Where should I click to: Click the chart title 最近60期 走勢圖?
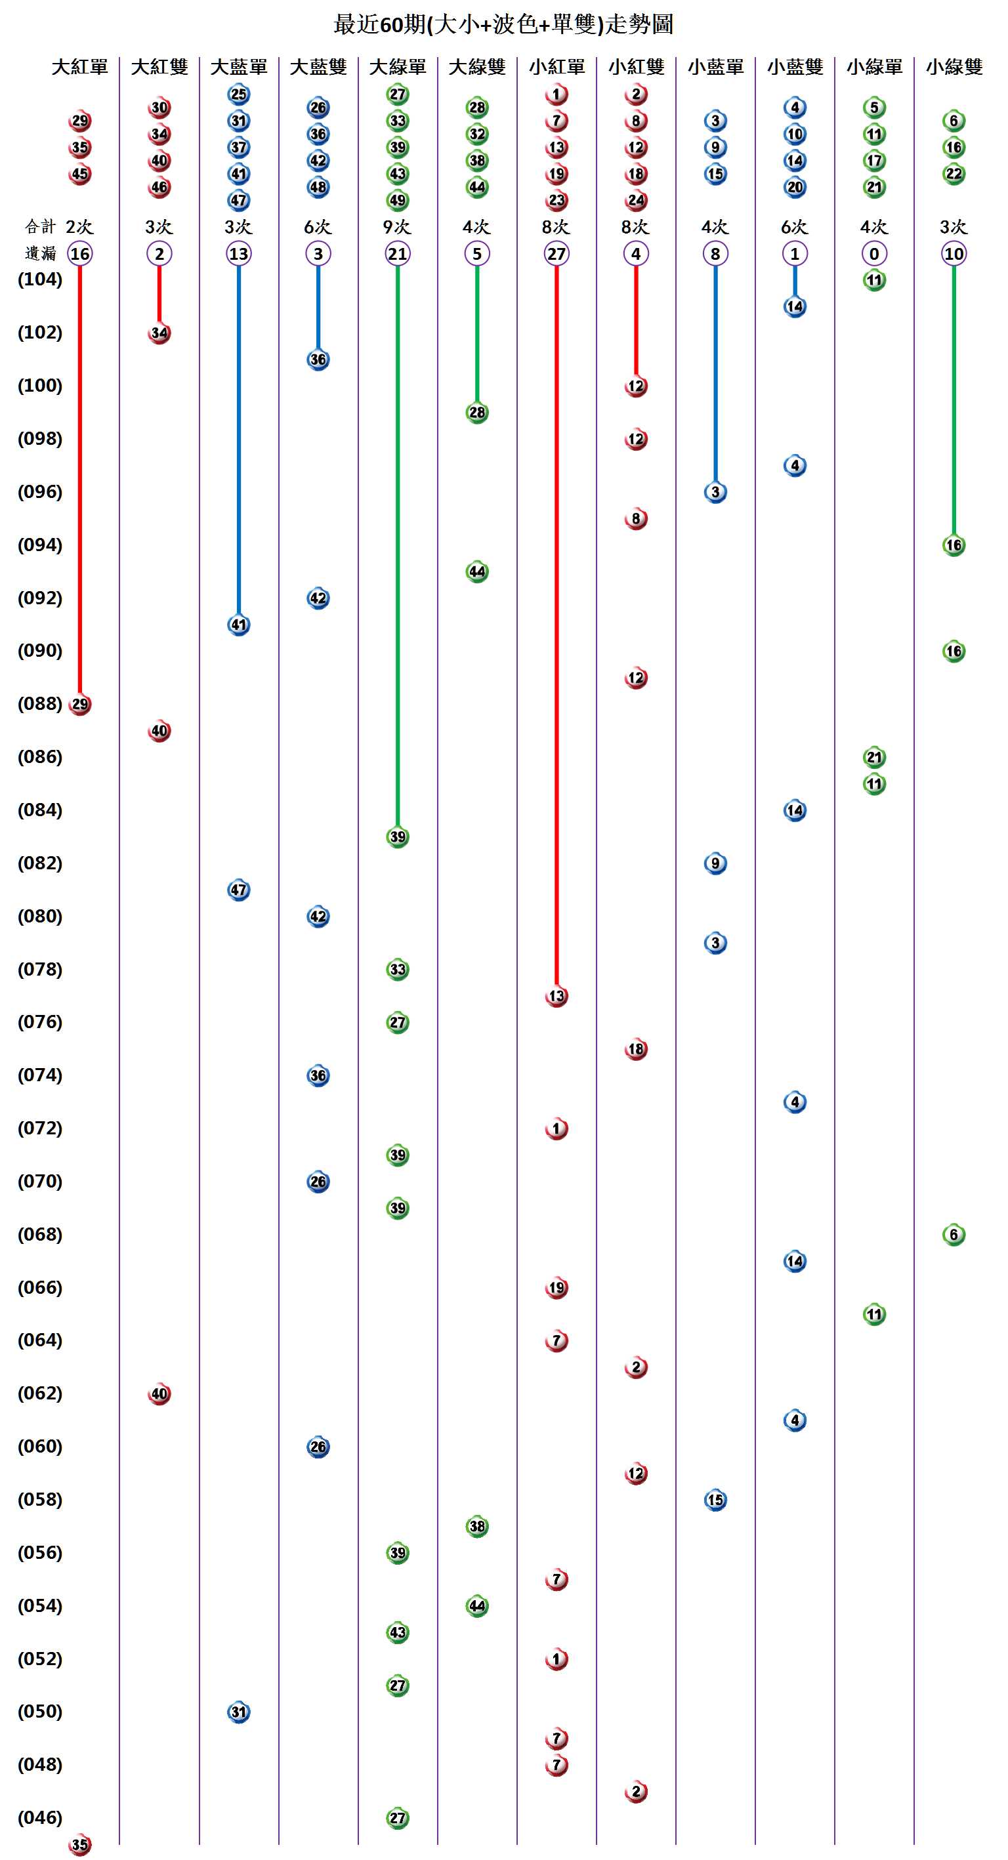[x=503, y=24]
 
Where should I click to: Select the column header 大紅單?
[x=79, y=67]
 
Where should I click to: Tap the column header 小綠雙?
[x=954, y=67]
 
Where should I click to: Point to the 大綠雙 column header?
[x=476, y=67]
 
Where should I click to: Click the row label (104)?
[x=40, y=279]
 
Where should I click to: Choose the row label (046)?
[x=40, y=1817]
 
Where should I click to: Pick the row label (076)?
[x=40, y=1022]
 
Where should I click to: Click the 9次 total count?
[x=397, y=227]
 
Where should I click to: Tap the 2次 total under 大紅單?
[x=79, y=227]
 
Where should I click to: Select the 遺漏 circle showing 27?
[x=556, y=253]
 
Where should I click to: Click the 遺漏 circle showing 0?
[x=873, y=253]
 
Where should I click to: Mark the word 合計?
[x=40, y=227]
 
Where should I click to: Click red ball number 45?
[x=79, y=174]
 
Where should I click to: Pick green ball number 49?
[x=397, y=200]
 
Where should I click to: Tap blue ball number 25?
[x=238, y=94]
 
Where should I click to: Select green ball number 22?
[x=954, y=174]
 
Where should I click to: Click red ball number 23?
[x=556, y=200]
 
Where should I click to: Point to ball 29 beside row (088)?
[x=79, y=704]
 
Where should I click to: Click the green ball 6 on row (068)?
[x=954, y=1235]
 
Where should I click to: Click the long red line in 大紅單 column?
[x=79, y=476]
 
